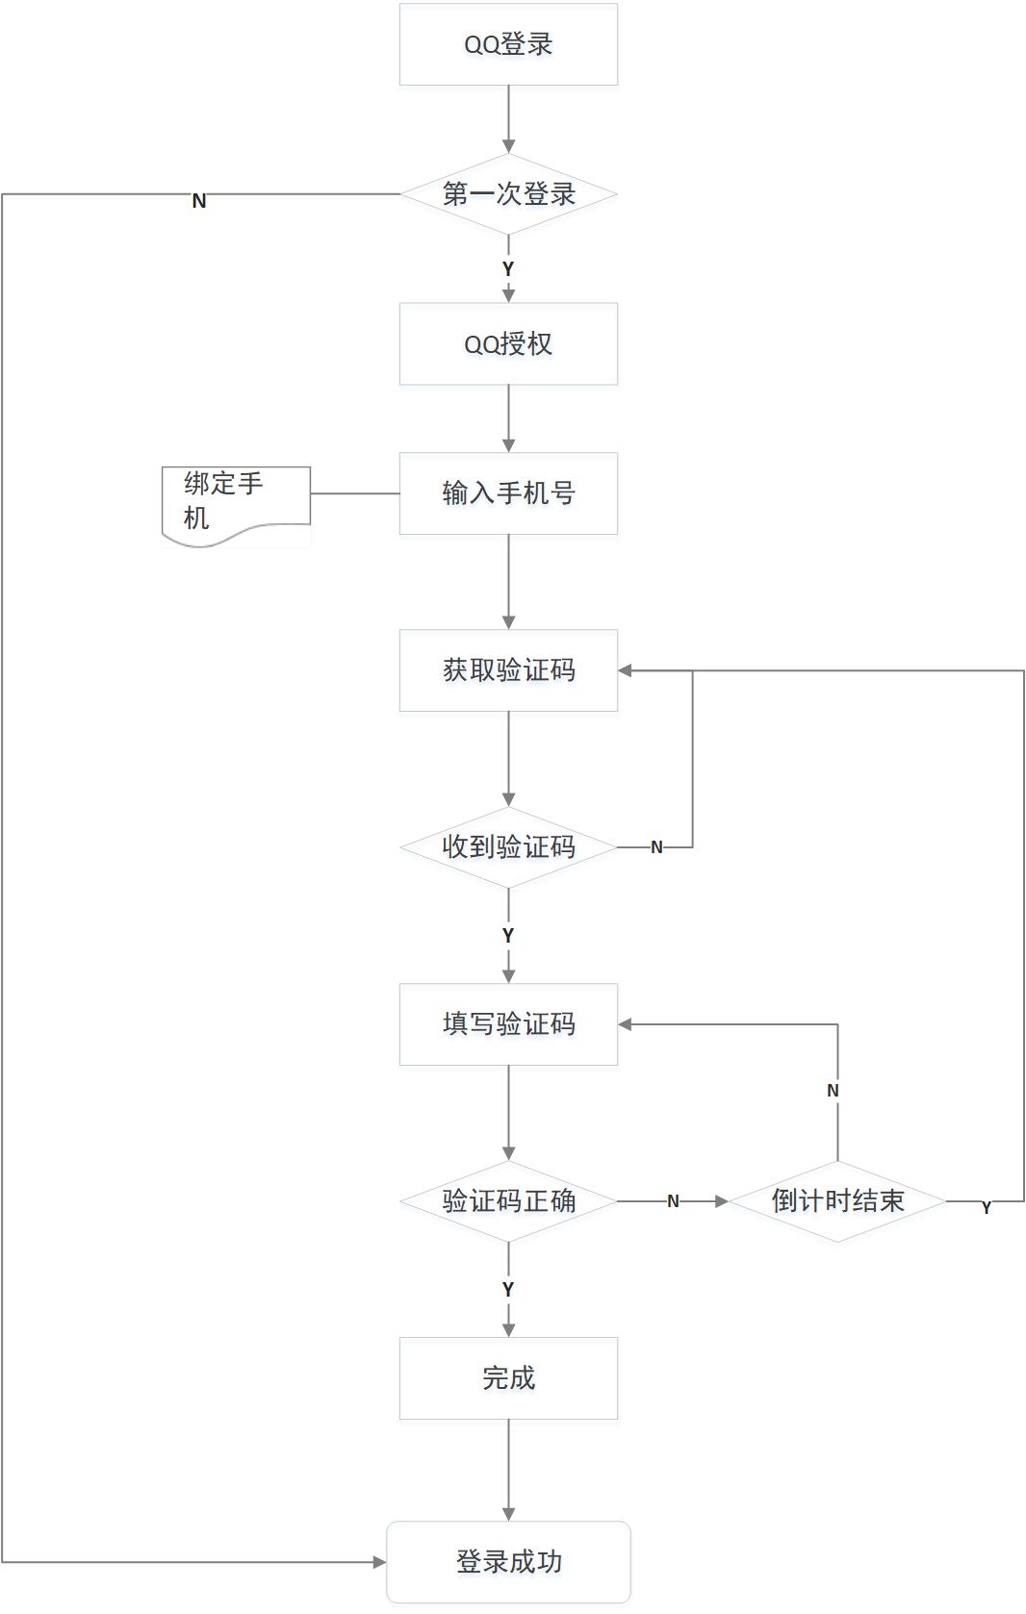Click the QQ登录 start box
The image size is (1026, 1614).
508,44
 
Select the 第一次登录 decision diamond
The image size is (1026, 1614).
508,194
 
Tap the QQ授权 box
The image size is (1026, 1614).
508,344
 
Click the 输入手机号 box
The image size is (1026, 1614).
508,493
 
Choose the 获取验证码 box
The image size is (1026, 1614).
508,670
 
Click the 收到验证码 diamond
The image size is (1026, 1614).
508,847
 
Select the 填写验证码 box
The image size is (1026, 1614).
508,1024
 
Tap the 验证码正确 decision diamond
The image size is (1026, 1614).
508,1201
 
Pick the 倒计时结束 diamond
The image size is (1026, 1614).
837,1201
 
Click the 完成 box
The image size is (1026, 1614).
508,1378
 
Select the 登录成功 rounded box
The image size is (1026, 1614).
508,1562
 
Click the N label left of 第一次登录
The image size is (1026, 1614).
199,201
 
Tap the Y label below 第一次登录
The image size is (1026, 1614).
508,269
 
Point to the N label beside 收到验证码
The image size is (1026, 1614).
656,847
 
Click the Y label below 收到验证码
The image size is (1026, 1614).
508,935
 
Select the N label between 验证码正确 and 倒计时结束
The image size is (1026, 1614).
673,1201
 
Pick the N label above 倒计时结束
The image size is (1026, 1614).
833,1091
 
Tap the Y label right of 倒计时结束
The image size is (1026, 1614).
986,1208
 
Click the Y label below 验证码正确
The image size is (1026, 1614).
508,1289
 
